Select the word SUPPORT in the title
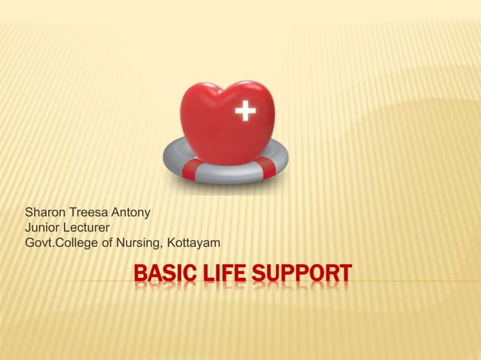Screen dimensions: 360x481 (302, 276)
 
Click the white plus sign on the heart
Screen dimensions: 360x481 (245, 112)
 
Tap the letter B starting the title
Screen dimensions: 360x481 (140, 276)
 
